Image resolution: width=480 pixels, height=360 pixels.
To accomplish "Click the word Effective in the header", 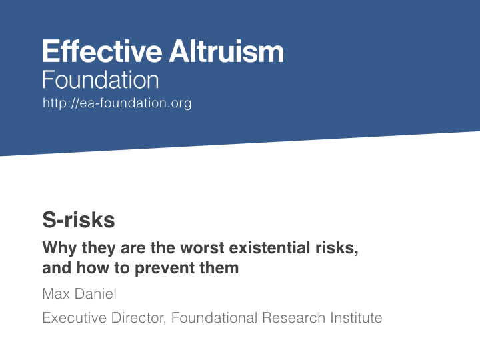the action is pos(102,51).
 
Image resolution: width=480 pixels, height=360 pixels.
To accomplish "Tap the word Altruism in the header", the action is pos(227,51).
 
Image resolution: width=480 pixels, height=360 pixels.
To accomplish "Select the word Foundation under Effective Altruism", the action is pos(101,79).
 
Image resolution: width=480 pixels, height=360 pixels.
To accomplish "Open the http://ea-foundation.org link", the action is pos(117,103).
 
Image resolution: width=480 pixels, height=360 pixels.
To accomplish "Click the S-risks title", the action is pos(79,220).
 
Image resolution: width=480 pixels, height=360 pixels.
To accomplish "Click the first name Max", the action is pos(56,294).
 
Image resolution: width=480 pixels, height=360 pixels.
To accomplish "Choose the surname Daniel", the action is pos(95,294).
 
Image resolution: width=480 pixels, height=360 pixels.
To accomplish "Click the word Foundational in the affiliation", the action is pos(214,318).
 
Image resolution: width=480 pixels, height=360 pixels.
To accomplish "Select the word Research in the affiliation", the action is pos(293,318).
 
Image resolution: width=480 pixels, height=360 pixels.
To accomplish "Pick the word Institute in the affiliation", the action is pos(356,318).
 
